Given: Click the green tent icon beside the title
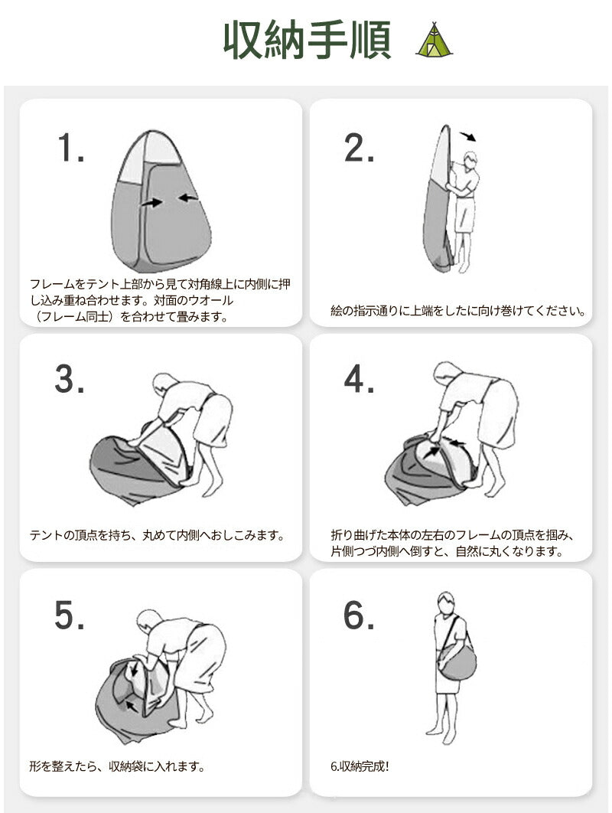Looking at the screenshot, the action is click(x=435, y=39).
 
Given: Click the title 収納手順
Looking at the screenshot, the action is click(x=308, y=41).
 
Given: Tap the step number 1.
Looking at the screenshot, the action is click(x=71, y=148).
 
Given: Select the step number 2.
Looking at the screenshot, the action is click(x=359, y=148).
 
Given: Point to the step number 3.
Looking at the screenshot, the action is click(x=70, y=379).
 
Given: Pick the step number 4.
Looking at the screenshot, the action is click(x=359, y=379).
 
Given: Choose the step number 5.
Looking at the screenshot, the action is click(x=70, y=615).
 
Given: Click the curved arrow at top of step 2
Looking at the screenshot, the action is click(x=468, y=135).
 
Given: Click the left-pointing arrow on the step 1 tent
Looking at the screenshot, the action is click(x=189, y=197).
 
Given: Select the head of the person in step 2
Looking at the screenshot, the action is click(x=470, y=160).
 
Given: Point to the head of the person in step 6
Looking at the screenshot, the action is click(x=445, y=603).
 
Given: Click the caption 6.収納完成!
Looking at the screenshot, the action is click(x=360, y=766).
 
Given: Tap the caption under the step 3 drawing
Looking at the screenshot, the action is click(x=158, y=535).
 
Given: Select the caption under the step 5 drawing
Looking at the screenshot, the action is click(x=117, y=766).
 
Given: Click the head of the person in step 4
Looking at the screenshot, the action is click(x=448, y=373).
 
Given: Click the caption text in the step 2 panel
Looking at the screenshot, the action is click(x=458, y=311).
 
